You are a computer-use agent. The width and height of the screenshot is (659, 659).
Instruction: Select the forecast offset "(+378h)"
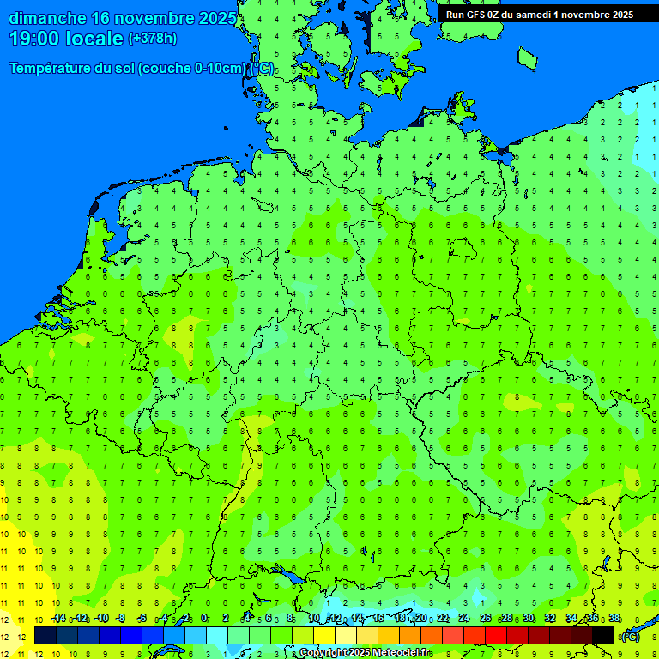coord(152,39)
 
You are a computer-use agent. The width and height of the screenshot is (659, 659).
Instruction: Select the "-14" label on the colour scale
coord(57,619)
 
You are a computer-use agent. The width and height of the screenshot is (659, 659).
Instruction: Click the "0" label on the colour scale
coord(204,619)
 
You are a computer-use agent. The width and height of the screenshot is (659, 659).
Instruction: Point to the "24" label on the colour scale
coord(464,619)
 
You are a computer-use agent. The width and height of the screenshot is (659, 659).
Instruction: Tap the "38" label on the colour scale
coord(614,619)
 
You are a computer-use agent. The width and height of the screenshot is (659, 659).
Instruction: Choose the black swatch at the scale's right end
coord(603,635)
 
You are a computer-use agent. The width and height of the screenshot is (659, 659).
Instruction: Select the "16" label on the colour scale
coord(378,619)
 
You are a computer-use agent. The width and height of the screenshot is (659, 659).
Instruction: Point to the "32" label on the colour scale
coord(550,619)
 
